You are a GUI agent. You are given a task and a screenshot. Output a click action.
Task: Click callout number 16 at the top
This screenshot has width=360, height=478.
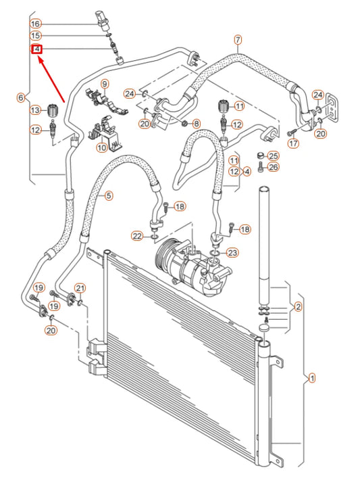click(36, 24)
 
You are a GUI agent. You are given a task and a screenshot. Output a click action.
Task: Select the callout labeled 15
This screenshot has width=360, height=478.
click(36, 36)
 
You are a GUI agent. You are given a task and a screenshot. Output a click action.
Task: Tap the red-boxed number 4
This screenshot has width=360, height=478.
click(36, 49)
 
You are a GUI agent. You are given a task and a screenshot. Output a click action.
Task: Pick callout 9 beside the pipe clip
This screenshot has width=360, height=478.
click(105, 84)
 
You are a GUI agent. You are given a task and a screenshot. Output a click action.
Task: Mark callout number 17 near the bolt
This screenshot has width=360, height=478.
click(292, 143)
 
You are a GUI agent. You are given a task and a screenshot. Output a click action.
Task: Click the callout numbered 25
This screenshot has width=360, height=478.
click(273, 156)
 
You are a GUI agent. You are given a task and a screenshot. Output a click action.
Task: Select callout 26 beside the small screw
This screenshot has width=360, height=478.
click(273, 168)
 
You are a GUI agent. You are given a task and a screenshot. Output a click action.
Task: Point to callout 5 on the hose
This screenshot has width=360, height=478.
click(109, 195)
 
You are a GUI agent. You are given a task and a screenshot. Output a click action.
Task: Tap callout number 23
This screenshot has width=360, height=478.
click(232, 253)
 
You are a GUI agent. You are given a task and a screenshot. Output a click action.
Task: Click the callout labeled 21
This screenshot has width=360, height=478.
click(80, 289)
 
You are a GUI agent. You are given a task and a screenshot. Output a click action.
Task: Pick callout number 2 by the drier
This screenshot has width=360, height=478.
click(298, 306)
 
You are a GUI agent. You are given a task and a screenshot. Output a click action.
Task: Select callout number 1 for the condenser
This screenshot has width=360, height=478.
click(311, 378)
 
